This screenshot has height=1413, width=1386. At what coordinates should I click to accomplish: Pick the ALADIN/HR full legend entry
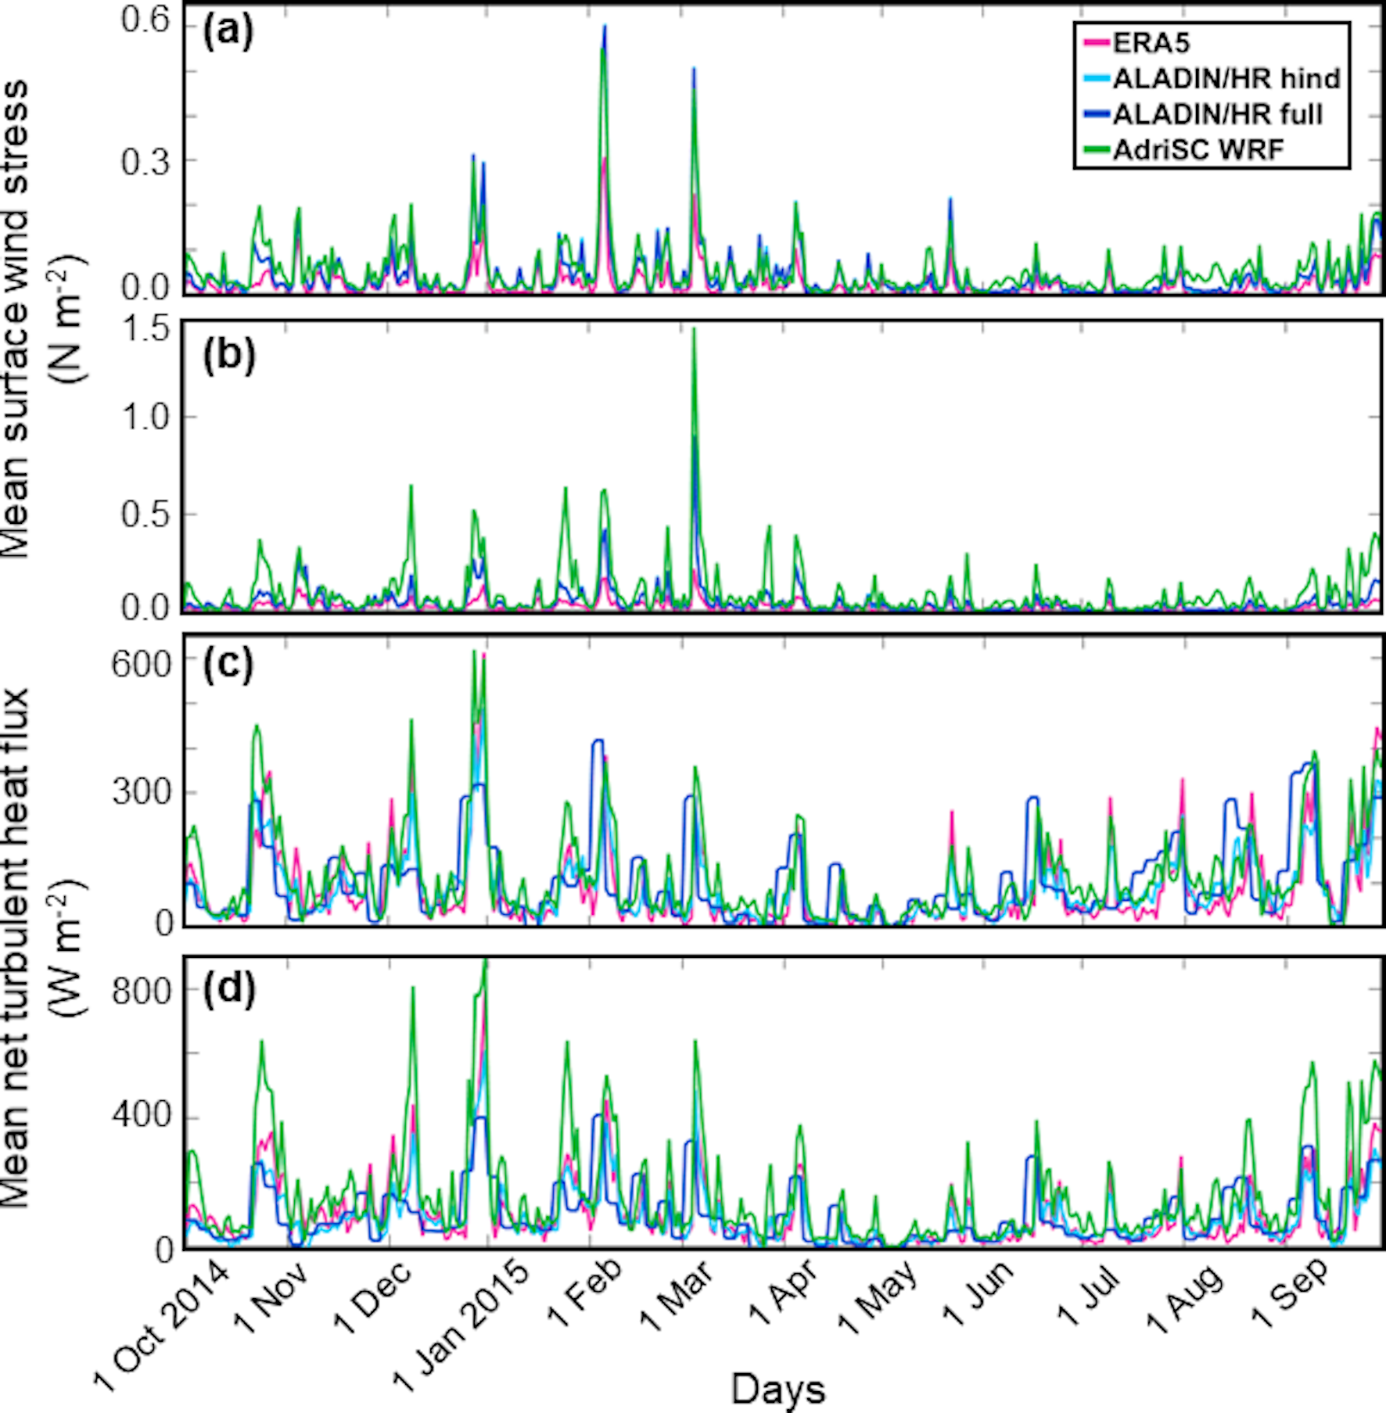click(1217, 114)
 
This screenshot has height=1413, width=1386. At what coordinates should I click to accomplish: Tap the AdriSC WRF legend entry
click(1197, 149)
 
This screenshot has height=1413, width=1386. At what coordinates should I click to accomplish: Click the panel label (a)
click(228, 34)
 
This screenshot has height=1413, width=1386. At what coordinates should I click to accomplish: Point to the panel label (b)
click(229, 356)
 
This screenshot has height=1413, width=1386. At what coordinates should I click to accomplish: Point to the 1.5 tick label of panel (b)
click(145, 329)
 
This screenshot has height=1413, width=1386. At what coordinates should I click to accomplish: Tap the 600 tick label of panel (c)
click(141, 665)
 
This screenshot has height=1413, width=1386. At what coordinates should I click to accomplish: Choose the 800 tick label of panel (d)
click(141, 992)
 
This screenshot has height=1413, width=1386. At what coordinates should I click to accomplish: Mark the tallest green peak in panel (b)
click(694, 330)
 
